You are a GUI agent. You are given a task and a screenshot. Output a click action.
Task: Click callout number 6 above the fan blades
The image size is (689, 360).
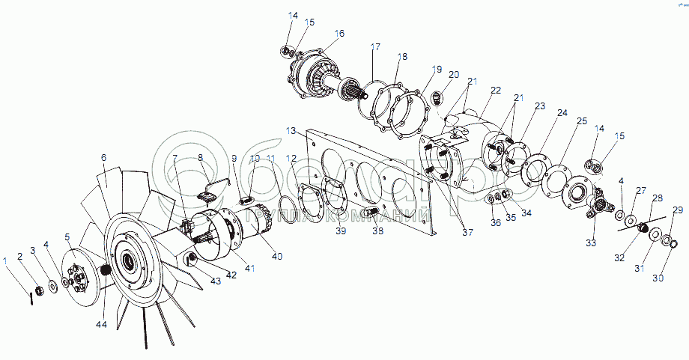(x=104, y=157)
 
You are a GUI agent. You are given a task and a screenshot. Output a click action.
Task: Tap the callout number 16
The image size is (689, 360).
(x=339, y=34)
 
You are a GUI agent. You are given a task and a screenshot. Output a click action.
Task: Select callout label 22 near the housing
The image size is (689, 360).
(x=496, y=90)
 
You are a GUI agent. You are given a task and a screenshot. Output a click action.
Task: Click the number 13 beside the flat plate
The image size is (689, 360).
(x=291, y=130)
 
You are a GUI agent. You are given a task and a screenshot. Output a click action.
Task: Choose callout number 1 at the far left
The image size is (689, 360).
(x=6, y=260)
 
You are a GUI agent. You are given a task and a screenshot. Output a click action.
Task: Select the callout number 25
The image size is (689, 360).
(x=581, y=121)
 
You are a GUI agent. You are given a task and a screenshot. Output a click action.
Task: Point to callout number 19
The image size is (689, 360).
(x=437, y=69)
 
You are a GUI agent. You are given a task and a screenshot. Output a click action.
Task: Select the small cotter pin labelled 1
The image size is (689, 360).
(x=31, y=297)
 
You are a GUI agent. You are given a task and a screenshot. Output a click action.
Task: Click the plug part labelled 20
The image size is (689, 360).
(x=440, y=97)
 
